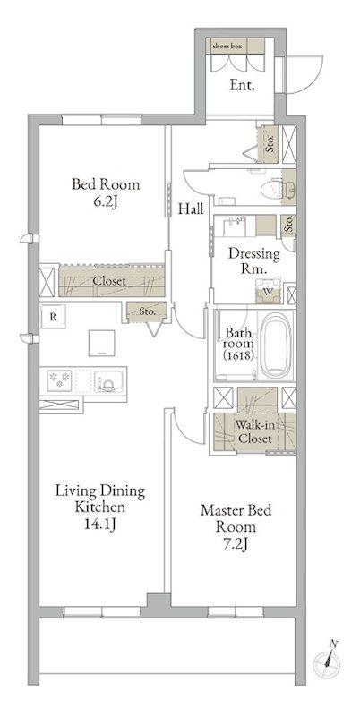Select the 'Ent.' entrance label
242,84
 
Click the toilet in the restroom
278,188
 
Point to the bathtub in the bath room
275,345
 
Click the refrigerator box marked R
54,317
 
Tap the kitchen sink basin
108,380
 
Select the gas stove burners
60,379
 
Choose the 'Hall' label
191,209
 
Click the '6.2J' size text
105,201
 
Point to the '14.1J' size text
99,524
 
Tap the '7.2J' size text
236,544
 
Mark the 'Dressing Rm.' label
254,261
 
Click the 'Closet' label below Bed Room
109,281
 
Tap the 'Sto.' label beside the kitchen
147,311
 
